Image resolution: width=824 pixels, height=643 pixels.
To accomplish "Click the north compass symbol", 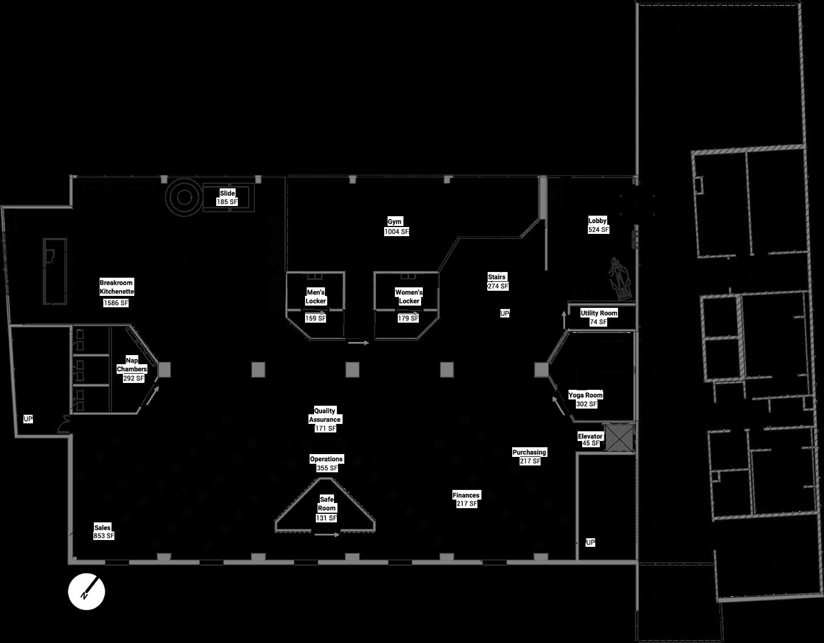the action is pos(86,591).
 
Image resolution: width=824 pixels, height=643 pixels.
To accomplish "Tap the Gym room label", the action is pos(395,221).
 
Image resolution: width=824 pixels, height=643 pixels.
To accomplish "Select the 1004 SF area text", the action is pos(397,232).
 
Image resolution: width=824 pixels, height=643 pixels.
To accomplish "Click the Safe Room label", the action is pos(327,504).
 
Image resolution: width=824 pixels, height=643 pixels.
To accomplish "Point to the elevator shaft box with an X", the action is pos(619,438).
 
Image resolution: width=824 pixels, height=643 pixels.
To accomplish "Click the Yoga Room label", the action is pos(586,395).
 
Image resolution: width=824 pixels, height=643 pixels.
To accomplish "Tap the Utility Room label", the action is pos(599,313).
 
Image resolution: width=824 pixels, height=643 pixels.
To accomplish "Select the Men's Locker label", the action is pos(316,296).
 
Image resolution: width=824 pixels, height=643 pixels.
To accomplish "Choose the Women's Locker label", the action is pos(409,296).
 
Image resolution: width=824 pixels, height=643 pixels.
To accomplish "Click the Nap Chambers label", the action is pos(132,364).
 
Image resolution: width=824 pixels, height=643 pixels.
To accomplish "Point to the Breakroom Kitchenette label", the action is pos(117,287).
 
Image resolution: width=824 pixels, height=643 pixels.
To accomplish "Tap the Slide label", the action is pos(227,193).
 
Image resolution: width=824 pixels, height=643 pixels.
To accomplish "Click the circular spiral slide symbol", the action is pos(184,197).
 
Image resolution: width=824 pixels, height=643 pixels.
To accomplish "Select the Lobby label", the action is pos(598,220).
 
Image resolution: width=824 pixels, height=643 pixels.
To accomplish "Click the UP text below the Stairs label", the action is pos(505,314).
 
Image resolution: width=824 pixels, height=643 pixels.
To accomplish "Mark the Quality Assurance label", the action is pos(325,415).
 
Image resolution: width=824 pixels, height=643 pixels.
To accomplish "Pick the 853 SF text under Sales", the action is pos(104,536).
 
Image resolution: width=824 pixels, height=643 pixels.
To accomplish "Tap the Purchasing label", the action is pos(529,452).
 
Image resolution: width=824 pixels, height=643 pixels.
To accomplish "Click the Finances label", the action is pos(466,495).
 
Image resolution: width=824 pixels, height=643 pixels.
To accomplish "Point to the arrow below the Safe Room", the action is pos(327,535).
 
